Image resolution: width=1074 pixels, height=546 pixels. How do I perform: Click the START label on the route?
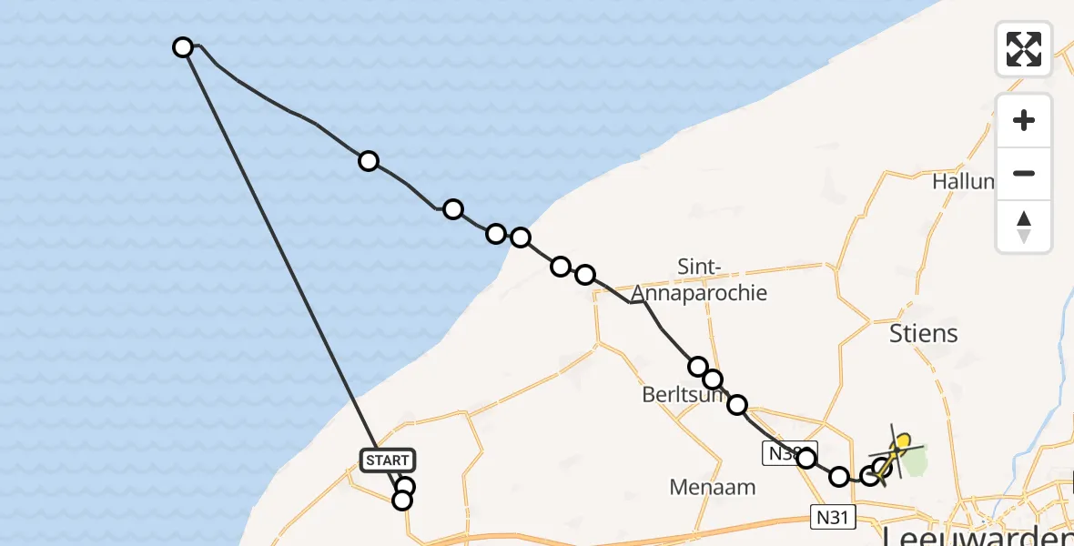[389, 460]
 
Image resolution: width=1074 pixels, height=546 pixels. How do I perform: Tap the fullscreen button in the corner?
[1024, 48]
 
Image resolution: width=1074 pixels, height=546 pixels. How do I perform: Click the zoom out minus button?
[1024, 173]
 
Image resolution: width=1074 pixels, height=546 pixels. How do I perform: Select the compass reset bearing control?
[1024, 227]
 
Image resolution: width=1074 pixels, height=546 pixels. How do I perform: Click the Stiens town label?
[923, 334]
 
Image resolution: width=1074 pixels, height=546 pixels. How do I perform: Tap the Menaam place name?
[713, 487]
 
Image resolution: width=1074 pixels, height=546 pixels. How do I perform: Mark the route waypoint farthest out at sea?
[183, 47]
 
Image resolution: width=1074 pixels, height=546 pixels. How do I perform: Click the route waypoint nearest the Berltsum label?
[713, 379]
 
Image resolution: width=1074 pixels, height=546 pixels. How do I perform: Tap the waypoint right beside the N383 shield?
[806, 458]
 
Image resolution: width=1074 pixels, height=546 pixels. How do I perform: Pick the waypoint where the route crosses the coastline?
[520, 238]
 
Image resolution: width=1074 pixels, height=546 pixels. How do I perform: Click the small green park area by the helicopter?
[911, 463]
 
